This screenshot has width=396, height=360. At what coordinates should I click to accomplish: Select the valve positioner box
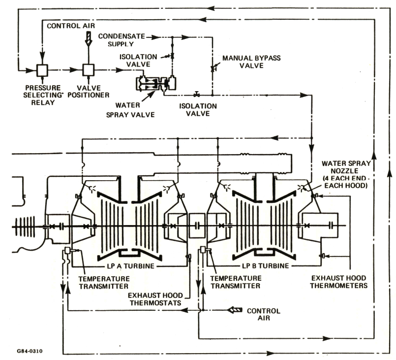(x=89, y=70)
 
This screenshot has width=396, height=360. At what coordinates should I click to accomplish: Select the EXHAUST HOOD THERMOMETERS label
(x=340, y=281)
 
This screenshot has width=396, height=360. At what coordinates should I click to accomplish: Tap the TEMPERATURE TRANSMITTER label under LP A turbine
(x=105, y=281)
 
